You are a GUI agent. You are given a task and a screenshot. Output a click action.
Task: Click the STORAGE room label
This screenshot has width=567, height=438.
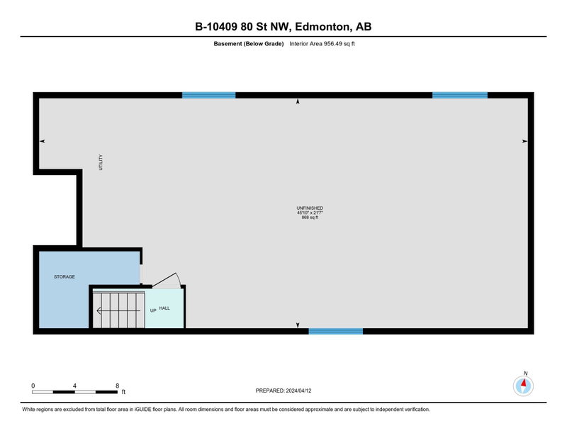[x=64, y=276]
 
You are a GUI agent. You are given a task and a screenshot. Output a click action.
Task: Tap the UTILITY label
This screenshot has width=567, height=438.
[x=101, y=162]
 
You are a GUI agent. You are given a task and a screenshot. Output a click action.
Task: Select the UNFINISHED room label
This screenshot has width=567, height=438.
[x=310, y=208]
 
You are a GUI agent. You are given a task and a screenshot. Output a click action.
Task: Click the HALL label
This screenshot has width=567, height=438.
[x=164, y=308]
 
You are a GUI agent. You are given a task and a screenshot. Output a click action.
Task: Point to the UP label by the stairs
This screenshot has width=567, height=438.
[x=153, y=310]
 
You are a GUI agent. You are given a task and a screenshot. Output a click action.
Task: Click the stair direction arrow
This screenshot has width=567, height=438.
[x=118, y=310]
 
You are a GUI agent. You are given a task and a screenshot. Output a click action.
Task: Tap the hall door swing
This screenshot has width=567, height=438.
[x=167, y=280]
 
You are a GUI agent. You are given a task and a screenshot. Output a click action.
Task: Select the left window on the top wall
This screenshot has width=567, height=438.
[x=208, y=95]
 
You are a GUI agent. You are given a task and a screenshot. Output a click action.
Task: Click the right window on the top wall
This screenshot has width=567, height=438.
[x=460, y=95]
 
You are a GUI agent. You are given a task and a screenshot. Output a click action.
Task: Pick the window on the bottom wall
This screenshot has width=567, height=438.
[x=335, y=331]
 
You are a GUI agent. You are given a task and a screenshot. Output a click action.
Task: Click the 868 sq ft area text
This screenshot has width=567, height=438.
[x=310, y=218]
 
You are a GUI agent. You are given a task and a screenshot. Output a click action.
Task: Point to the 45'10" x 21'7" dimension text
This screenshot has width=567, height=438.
[x=310, y=213]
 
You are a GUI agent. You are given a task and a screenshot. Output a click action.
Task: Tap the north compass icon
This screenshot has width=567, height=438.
[x=523, y=386]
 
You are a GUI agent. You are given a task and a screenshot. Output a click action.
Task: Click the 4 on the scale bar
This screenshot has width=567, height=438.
[x=74, y=386]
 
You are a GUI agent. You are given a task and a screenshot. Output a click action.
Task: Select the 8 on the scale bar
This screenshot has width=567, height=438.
[x=117, y=386]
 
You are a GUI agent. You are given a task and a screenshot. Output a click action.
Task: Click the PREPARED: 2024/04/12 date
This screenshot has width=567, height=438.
[x=283, y=391]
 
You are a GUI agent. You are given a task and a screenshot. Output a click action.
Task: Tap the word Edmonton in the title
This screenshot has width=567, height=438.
[x=323, y=27]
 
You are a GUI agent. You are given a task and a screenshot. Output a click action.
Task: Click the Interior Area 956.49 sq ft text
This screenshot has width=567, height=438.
[x=322, y=44]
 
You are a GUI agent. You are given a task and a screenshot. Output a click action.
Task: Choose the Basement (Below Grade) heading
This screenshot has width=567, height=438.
[x=249, y=44]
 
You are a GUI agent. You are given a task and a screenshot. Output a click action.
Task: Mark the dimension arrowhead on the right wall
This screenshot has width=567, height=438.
[x=524, y=142]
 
